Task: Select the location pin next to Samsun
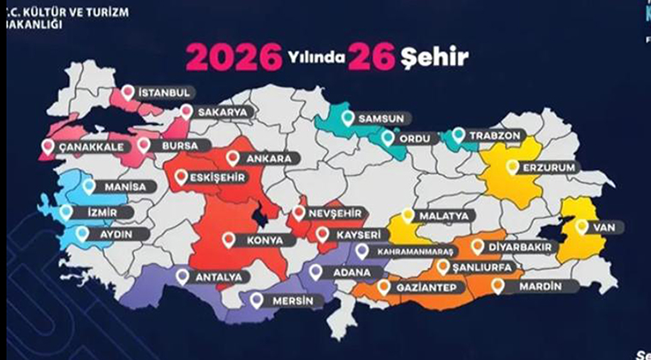[x=348, y=117]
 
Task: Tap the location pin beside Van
[x=582, y=227]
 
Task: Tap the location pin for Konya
[x=229, y=241]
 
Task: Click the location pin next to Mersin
[x=255, y=300]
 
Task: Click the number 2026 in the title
[x=234, y=57]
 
